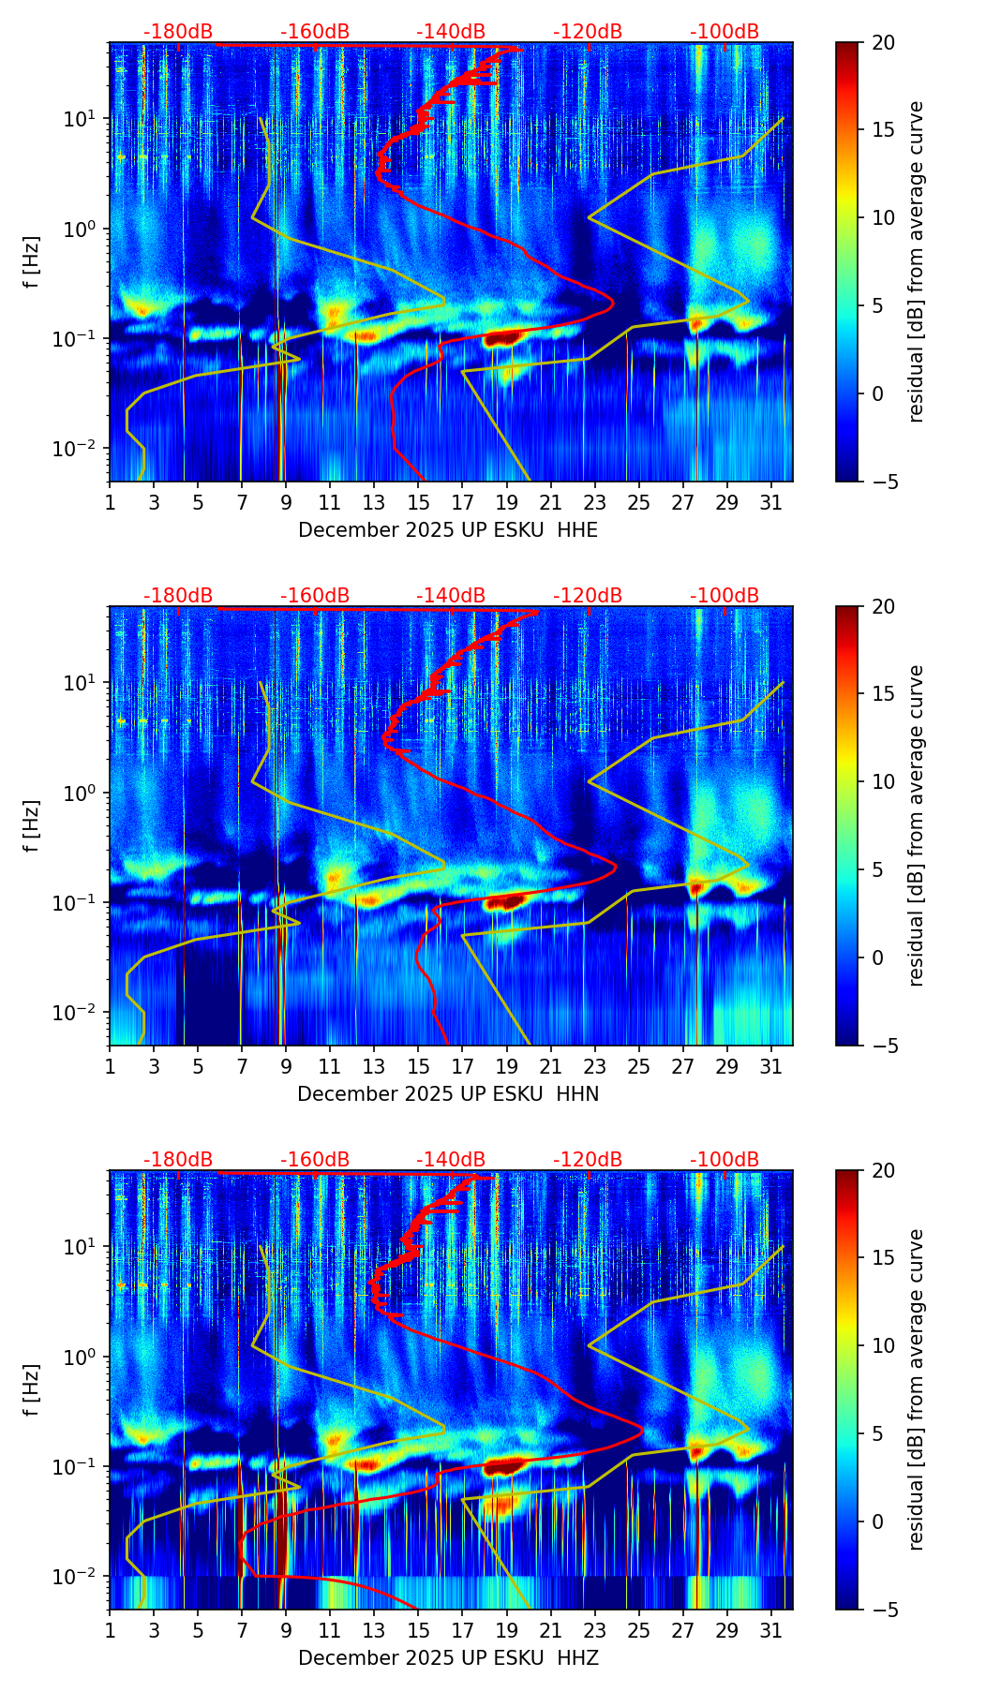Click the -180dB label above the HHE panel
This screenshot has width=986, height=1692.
coord(178,32)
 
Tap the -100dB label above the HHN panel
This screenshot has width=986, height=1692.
coord(725,596)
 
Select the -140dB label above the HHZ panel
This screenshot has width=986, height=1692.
coord(451,1160)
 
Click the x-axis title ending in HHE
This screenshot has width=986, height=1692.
coord(448,530)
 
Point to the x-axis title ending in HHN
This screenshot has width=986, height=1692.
coord(448,1094)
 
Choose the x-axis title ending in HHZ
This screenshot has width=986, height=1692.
coord(448,1658)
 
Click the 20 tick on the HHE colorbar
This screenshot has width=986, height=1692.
coord(883,42)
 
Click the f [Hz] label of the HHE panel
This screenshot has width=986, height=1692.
coord(33,261)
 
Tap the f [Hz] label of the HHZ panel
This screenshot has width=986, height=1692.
coord(33,1389)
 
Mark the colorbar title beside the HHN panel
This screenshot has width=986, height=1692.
coord(917,825)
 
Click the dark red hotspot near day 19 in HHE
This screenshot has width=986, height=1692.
coord(503,338)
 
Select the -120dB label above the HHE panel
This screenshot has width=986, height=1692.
coord(588,32)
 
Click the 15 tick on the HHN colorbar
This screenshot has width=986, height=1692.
coord(883,694)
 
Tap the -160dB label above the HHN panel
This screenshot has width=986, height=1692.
coord(315,596)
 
